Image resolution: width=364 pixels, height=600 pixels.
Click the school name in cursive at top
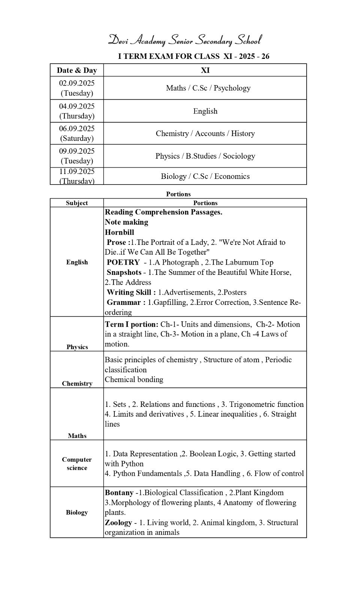point(184,40)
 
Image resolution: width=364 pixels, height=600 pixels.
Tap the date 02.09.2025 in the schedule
point(77,83)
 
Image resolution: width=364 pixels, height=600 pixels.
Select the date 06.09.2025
point(77,129)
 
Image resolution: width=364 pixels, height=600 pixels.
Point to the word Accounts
point(210,133)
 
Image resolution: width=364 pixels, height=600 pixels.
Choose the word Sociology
point(239,156)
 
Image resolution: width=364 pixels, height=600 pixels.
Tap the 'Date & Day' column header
point(77,70)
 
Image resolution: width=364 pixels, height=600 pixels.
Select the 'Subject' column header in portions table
point(77,203)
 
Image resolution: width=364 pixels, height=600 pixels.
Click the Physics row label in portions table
point(77,347)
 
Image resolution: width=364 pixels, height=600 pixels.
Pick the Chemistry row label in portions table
point(77,383)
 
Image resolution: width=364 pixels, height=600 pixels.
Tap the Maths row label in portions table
point(77,435)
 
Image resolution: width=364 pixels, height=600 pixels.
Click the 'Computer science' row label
point(77,463)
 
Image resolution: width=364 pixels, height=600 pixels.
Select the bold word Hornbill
point(119,232)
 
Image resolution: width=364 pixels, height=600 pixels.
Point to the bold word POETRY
point(123,262)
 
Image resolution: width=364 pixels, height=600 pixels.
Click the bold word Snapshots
point(124,272)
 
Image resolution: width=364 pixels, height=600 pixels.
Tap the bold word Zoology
point(118,522)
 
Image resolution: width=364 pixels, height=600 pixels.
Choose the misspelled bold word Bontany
point(119,493)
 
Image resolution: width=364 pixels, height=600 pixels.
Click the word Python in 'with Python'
point(132,464)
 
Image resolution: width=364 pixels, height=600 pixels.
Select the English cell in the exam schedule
point(205,111)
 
